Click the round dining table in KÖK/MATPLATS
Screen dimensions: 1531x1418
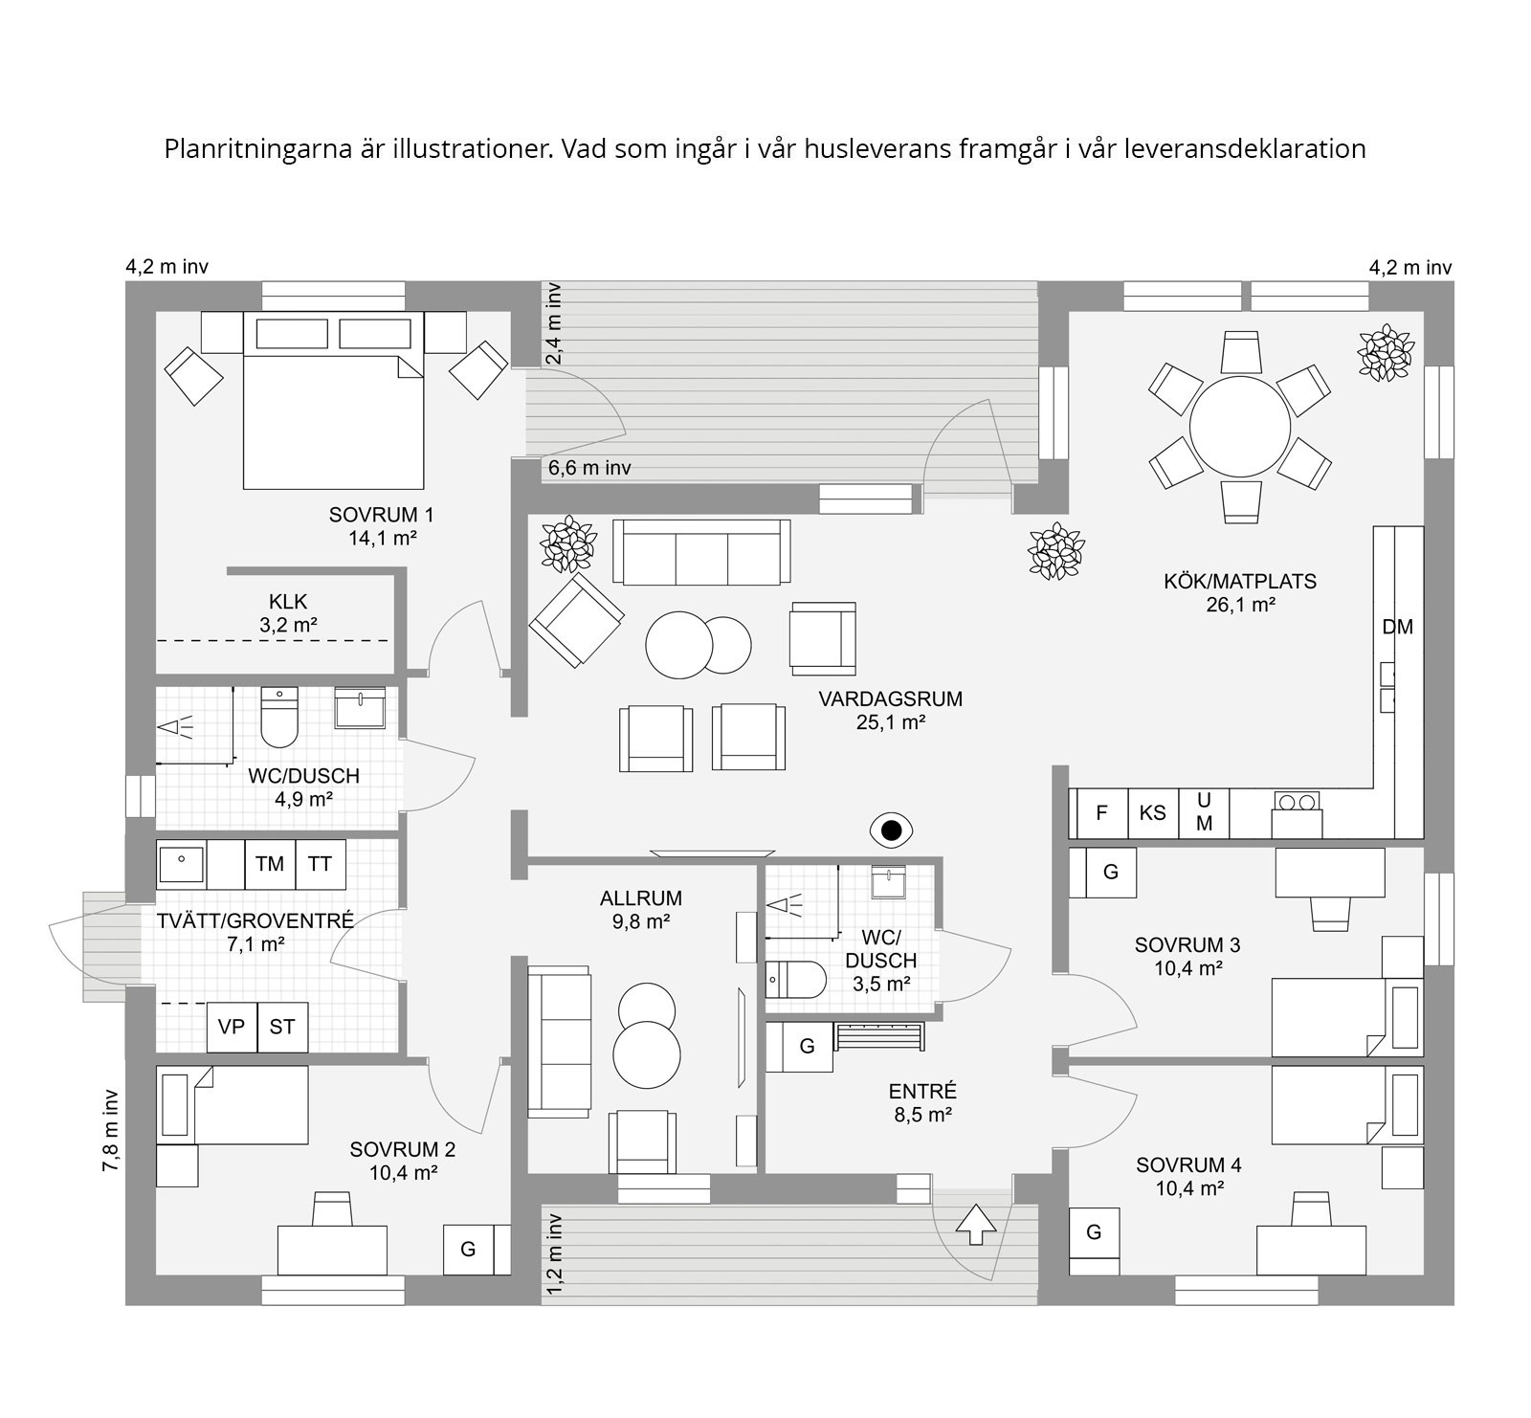pyautogui.click(x=1239, y=427)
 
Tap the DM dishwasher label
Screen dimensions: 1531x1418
pyautogui.click(x=1397, y=627)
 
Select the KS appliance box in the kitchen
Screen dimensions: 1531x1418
pyautogui.click(x=1153, y=813)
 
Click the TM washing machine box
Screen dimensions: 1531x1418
pyautogui.click(x=270, y=864)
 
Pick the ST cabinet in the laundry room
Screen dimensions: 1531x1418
pyautogui.click(x=282, y=1027)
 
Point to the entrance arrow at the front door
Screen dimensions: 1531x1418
pyautogui.click(x=976, y=1224)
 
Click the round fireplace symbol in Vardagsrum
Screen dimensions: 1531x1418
pyautogui.click(x=891, y=831)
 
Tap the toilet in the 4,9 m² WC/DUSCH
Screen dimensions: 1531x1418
pyautogui.click(x=279, y=718)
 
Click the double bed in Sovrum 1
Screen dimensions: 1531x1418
pyautogui.click(x=333, y=400)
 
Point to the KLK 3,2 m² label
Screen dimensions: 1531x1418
pyautogui.click(x=288, y=613)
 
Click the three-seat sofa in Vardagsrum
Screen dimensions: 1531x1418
pyautogui.click(x=701, y=552)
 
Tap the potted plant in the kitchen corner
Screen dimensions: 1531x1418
pyautogui.click(x=1385, y=353)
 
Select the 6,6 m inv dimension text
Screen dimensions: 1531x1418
pyautogui.click(x=589, y=468)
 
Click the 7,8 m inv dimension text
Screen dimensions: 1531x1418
pyautogui.click(x=111, y=1130)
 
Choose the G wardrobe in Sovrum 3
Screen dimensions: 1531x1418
pyautogui.click(x=1110, y=872)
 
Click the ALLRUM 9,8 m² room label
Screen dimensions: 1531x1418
pyautogui.click(x=641, y=910)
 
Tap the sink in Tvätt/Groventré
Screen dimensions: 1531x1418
pyautogui.click(x=181, y=865)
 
